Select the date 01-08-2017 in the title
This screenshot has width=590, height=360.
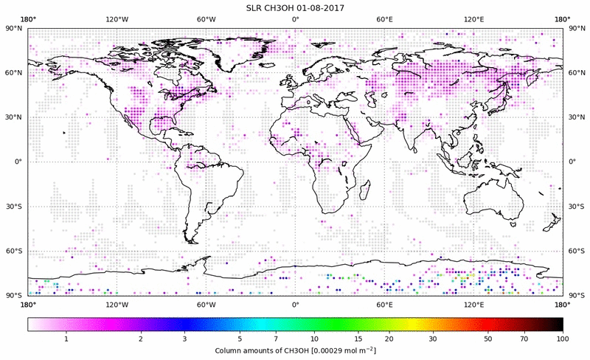pos(319,7)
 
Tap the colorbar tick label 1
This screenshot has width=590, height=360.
pos(66,338)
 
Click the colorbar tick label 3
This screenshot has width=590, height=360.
pos(184,338)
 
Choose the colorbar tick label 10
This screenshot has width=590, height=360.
pos(314,338)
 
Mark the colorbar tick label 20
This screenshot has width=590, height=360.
pos(388,338)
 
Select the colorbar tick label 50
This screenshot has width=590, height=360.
pos(487,338)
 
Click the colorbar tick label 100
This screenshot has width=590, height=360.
pos(563,338)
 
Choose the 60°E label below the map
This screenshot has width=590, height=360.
pos(384,304)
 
